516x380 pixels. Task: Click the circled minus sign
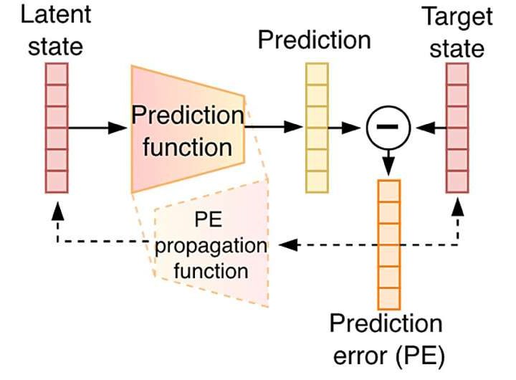(x=388, y=128)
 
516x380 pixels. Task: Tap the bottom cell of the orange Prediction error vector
(x=388, y=298)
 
